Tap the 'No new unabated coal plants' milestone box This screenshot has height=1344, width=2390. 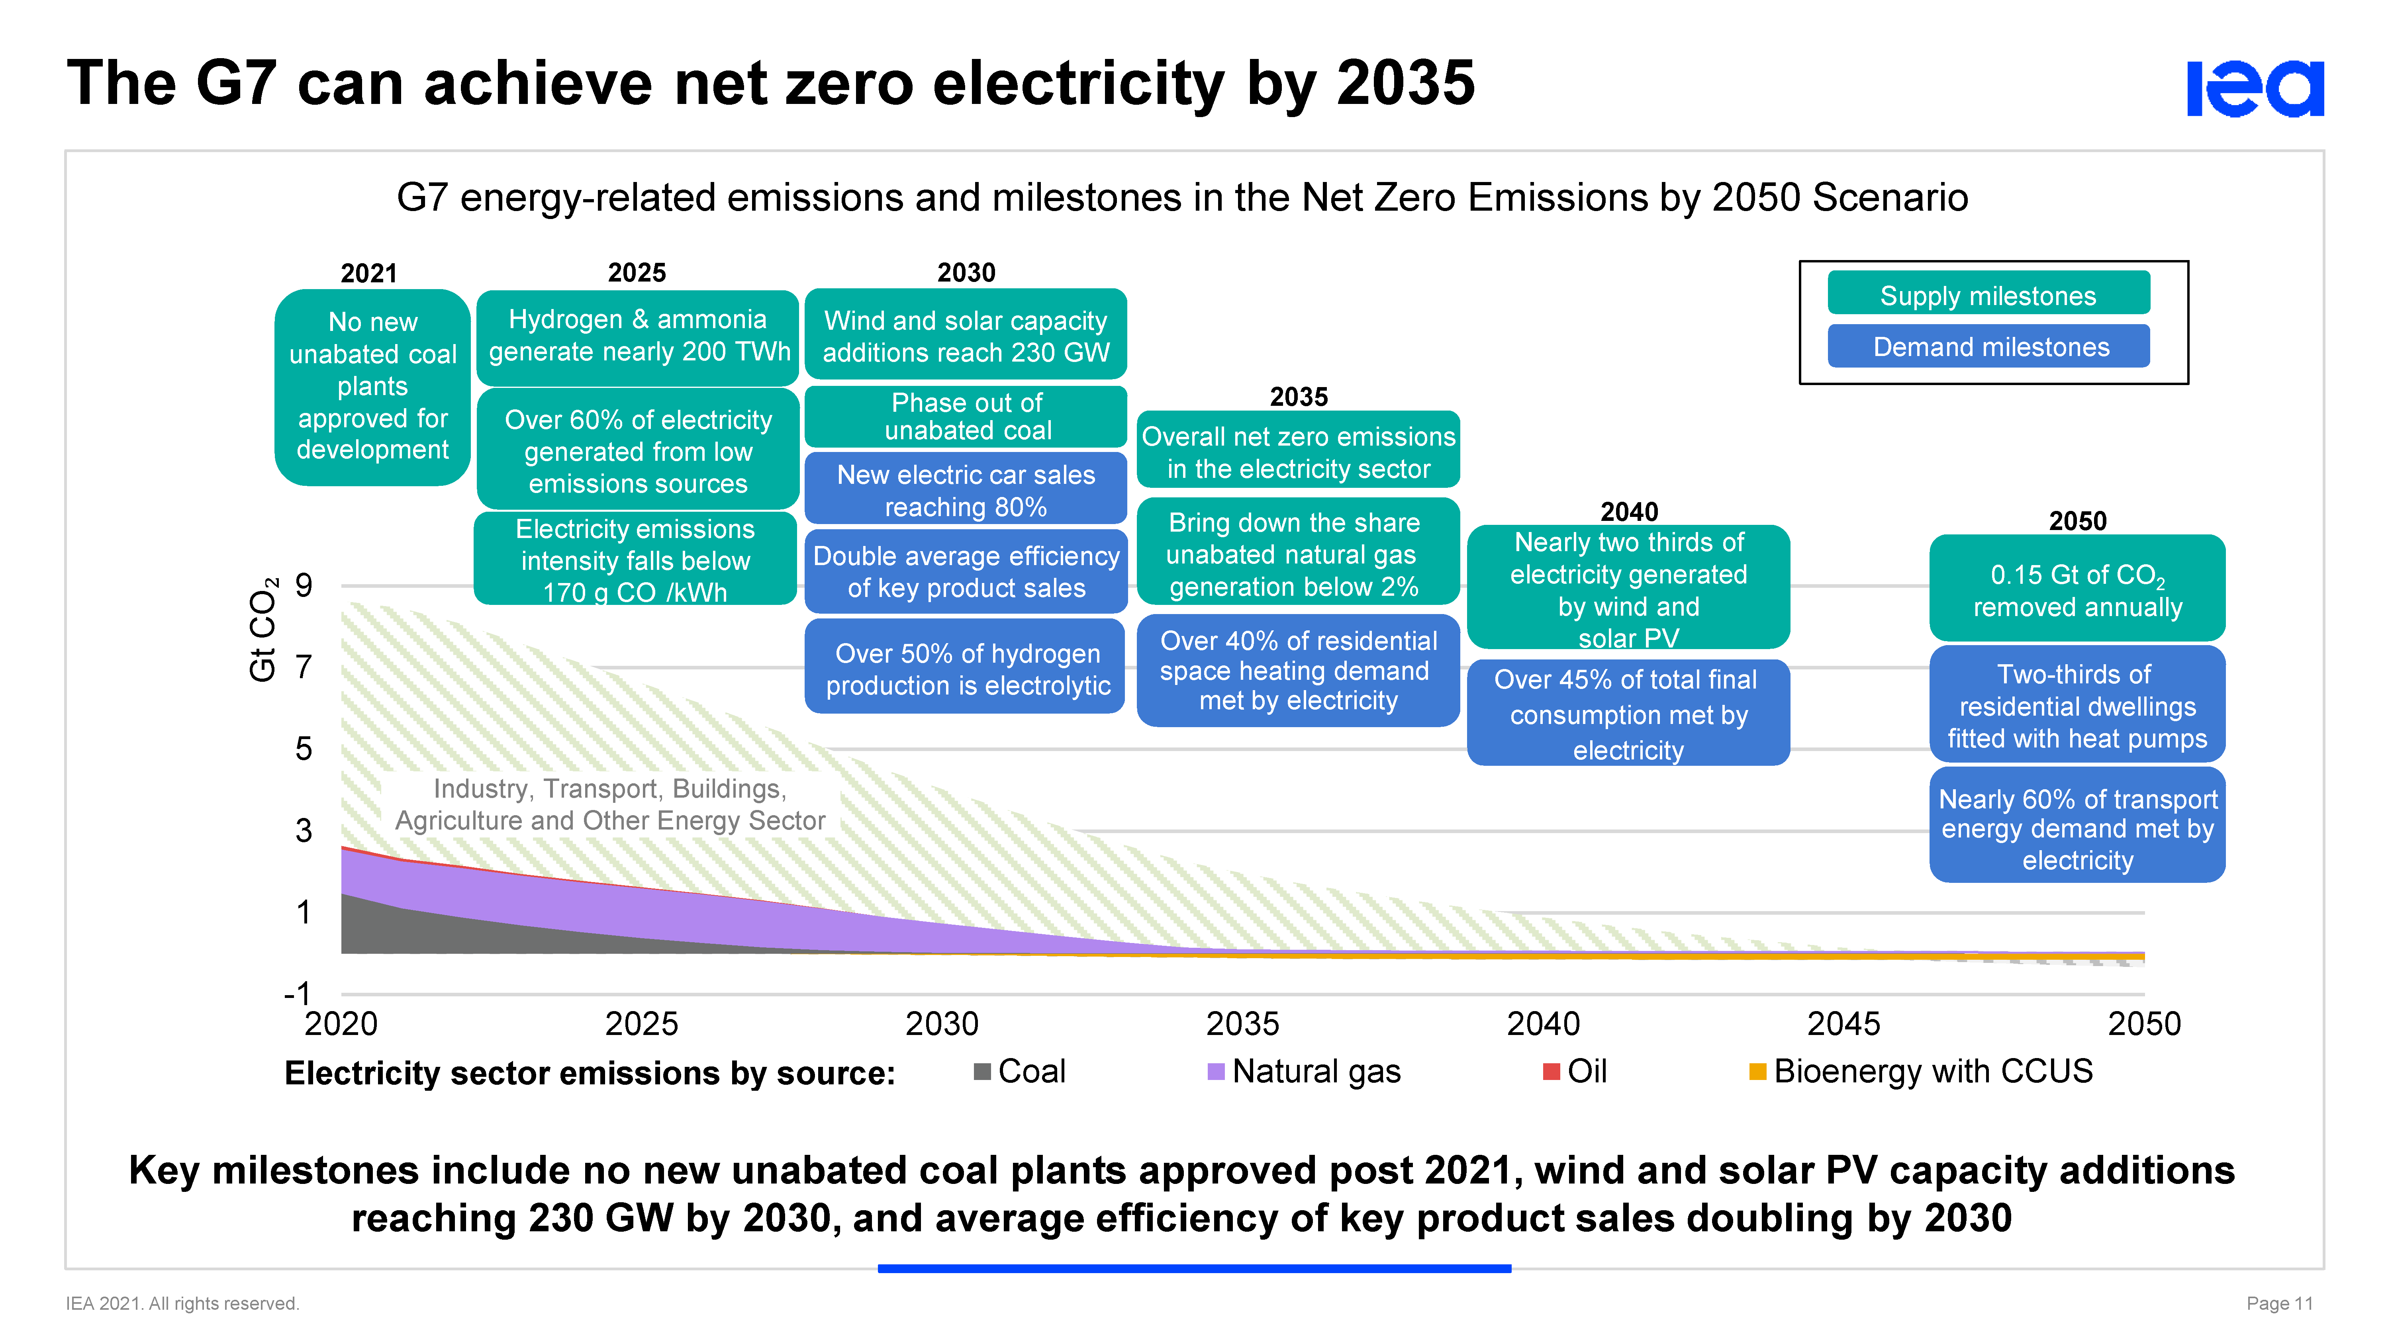(372, 386)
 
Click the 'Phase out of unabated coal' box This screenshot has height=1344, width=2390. (966, 417)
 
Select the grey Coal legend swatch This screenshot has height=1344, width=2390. (981, 1072)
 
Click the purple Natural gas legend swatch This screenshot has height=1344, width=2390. (1215, 1072)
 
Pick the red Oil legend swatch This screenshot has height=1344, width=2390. (1550, 1072)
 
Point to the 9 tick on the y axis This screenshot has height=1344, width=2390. (304, 585)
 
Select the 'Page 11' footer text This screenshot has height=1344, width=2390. (2278, 1303)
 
